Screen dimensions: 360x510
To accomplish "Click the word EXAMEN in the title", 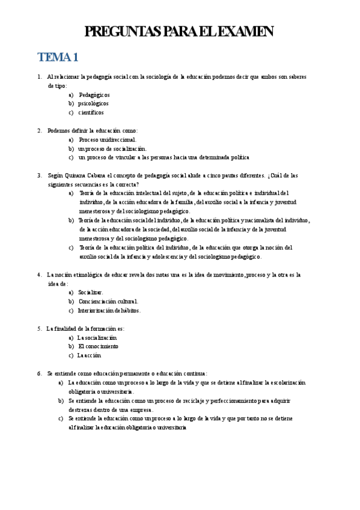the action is click(245, 32).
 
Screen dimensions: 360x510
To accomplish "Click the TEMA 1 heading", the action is click(58, 58).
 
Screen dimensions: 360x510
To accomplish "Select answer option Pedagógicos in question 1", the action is click(94, 95).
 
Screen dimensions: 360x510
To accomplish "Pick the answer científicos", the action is click(91, 112).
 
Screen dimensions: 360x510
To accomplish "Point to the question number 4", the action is click(40, 274).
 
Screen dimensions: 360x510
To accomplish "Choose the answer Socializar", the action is click(91, 292).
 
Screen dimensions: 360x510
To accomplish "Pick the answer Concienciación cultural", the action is click(108, 301).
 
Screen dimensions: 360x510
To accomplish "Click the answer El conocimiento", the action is click(98, 346).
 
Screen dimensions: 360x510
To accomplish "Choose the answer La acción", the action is click(89, 355).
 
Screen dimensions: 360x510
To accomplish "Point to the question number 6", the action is click(40, 373).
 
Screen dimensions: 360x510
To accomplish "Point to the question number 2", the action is click(40, 131).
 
